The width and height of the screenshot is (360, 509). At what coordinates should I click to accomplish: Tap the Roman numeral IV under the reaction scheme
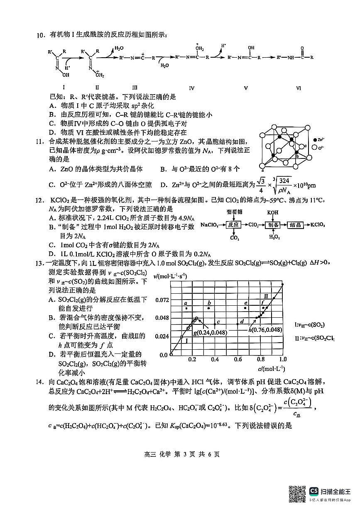tap(191, 88)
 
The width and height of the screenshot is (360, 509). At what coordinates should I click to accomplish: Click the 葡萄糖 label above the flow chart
tap(233, 212)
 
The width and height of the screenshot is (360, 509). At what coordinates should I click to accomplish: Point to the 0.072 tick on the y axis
tap(162, 300)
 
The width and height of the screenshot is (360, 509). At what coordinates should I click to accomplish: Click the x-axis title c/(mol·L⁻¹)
tap(271, 368)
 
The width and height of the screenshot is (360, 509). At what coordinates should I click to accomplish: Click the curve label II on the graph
tap(267, 296)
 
